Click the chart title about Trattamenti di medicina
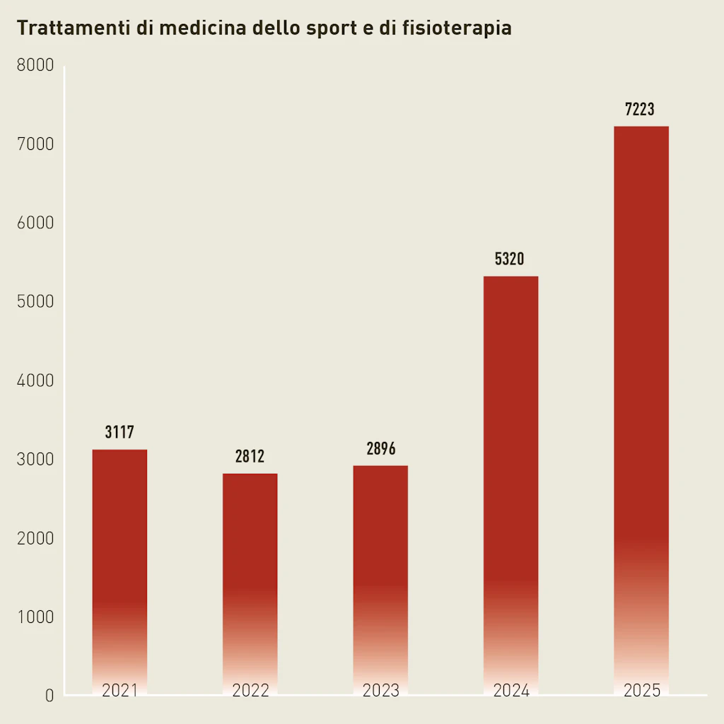click(264, 28)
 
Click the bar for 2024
click(510, 481)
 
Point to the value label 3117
click(119, 433)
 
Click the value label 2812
click(250, 457)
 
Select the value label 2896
click(380, 449)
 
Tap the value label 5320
click(510, 259)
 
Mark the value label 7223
click(640, 110)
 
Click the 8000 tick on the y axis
click(35, 66)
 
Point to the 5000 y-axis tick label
click(35, 302)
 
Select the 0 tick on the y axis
click(49, 696)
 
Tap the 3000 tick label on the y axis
click(35, 460)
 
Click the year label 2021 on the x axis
click(119, 690)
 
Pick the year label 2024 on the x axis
click(511, 690)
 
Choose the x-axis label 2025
click(641, 690)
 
